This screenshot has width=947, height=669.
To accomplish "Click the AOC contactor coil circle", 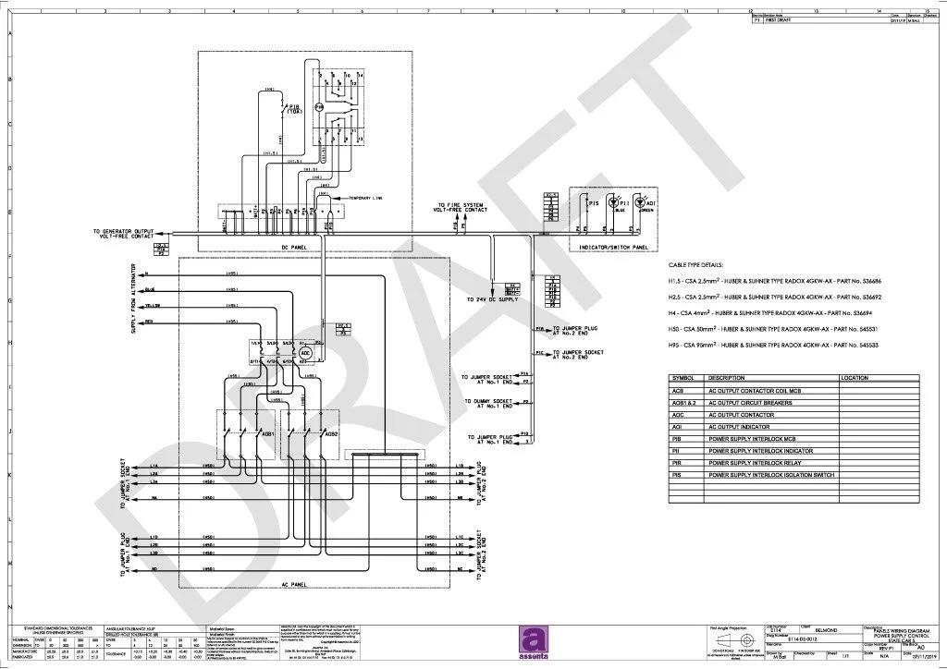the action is click(305, 352).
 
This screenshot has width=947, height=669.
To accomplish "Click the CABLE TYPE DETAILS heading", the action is click(695, 264).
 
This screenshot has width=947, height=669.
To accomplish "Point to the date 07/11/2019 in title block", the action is click(911, 659).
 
